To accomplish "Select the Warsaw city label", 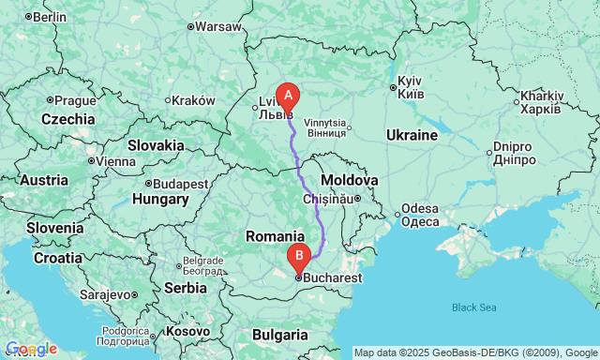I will [x=218, y=26].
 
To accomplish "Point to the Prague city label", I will [x=75, y=100].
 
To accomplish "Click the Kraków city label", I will [x=194, y=100].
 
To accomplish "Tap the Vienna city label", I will [x=116, y=160].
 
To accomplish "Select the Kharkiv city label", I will [x=541, y=101].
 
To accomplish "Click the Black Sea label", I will [x=473, y=307].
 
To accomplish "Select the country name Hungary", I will [x=161, y=200].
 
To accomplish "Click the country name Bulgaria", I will [x=280, y=334].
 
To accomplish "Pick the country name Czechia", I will [x=68, y=119].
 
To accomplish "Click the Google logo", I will [x=30, y=349].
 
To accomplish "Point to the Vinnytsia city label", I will [x=325, y=127].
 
